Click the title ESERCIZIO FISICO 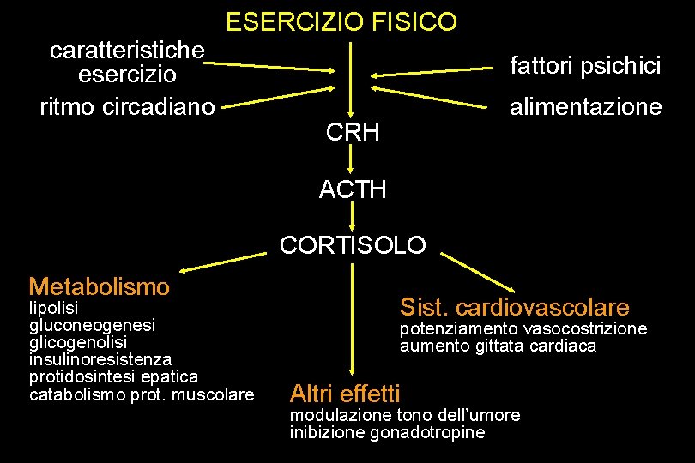tap(341, 22)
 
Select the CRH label tap(353, 133)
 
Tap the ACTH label tap(353, 189)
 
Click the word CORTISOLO tap(353, 246)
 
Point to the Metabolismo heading tap(99, 286)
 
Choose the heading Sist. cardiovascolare tap(515, 307)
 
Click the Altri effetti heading tap(346, 394)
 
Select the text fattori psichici tap(585, 66)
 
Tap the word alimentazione tap(585, 107)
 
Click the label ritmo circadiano tap(127, 107)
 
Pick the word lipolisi tap(53, 306)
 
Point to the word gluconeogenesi tap(92, 325)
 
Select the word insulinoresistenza tap(100, 359)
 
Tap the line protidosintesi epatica tap(113, 376)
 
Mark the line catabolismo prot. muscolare tap(142, 394)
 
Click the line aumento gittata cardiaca tap(498, 346)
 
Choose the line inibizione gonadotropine tap(387, 433)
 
